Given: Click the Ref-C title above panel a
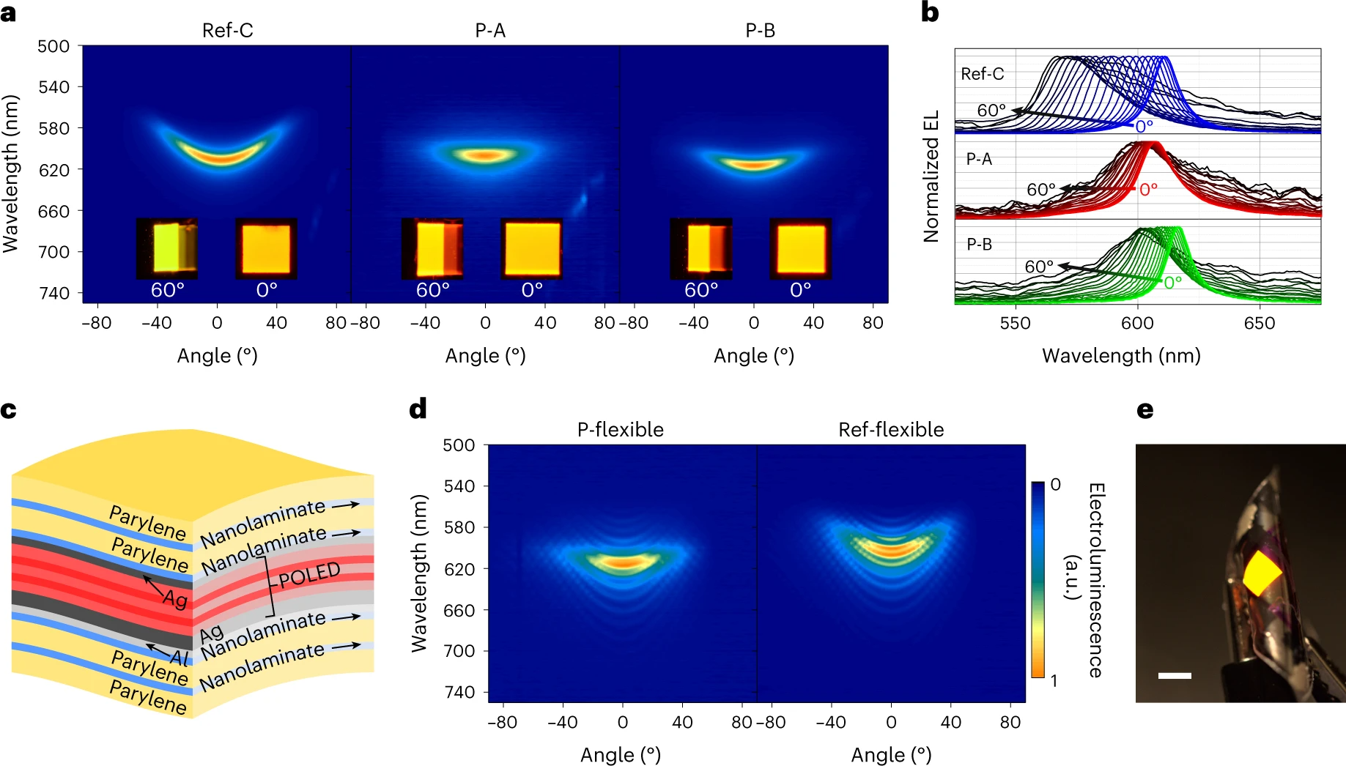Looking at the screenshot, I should tap(227, 31).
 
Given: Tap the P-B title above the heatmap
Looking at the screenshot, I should tap(760, 31).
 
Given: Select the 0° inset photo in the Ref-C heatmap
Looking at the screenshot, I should tap(266, 248).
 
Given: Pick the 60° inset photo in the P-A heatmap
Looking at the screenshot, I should tap(432, 248).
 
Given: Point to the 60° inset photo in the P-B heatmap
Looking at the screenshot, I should tap(700, 248).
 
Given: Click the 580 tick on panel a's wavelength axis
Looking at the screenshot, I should tap(53, 129).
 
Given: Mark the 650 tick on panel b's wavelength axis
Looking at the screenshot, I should tap(1259, 323).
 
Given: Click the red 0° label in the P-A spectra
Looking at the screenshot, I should tap(1148, 190).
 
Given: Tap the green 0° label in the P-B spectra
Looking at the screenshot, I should tap(1172, 283).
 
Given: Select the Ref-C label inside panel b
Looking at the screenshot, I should tap(982, 74).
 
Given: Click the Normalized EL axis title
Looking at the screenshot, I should tap(931, 176).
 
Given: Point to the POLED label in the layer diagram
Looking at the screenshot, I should tap(309, 575).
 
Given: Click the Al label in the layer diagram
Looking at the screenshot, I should tap(180, 657).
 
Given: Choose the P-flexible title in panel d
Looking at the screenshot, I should tap(620, 430).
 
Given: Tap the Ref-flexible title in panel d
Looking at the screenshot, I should tap(890, 430).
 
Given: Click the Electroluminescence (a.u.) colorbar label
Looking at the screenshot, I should tap(1084, 579).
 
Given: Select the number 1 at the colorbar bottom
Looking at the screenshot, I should tap(1054, 681).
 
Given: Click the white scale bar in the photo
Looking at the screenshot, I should tap(1174, 676).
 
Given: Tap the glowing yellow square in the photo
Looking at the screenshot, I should tap(1262, 573).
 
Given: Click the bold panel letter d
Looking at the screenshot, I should tap(418, 409).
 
